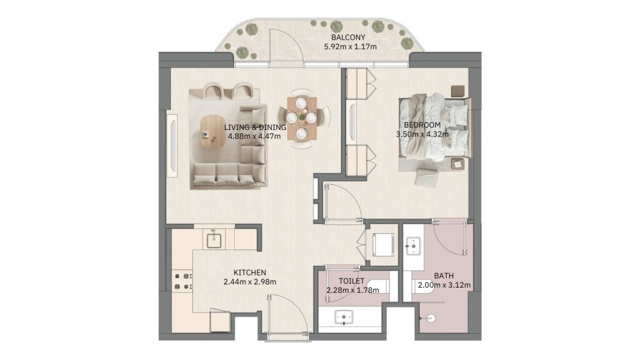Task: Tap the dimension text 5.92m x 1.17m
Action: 351,47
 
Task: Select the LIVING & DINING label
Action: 255,127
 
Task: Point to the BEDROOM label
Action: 422,125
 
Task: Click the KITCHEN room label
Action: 250,272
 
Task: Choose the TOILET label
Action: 351,281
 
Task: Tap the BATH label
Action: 444,276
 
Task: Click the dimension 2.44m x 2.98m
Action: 250,282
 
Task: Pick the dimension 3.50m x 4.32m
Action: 422,134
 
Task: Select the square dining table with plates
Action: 302,119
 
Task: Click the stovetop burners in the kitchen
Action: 183,282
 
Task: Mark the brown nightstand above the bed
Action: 458,91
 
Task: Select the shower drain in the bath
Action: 431,318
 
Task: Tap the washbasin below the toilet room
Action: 344,317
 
